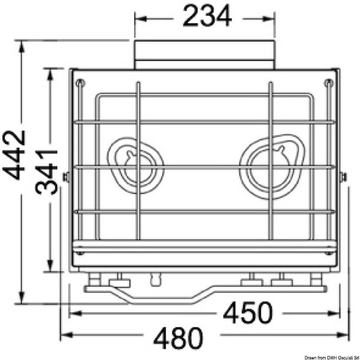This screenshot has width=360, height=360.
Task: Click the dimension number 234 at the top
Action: click(x=207, y=17)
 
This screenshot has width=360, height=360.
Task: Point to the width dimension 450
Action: click(x=248, y=313)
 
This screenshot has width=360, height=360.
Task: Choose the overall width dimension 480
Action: click(x=178, y=338)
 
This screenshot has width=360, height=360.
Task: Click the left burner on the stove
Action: click(x=137, y=165)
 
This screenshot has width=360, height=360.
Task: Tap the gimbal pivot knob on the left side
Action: click(x=66, y=177)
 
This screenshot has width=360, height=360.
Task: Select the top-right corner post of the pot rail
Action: click(x=328, y=82)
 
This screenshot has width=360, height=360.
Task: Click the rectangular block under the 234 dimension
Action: click(x=205, y=54)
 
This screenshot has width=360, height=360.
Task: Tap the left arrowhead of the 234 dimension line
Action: click(x=139, y=19)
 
